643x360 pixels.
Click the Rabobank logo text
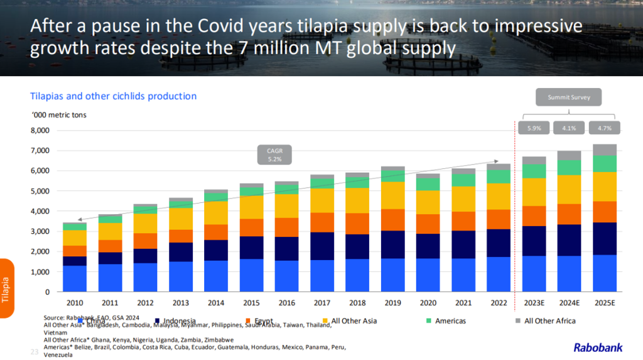tap(601, 347)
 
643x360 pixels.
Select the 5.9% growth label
tap(534, 128)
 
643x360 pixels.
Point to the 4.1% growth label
tap(570, 128)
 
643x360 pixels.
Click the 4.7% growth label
tap(605, 128)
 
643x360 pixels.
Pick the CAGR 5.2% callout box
tap(274, 155)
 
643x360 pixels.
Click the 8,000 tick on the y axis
tap(40, 131)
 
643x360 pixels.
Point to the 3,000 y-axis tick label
tap(40, 231)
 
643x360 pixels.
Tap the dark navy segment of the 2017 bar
tap(321, 246)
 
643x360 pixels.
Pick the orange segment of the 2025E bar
tap(605, 212)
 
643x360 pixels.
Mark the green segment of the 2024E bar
tap(570, 167)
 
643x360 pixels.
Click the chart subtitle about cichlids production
tap(114, 96)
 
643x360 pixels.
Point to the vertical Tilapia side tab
tap(6, 289)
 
